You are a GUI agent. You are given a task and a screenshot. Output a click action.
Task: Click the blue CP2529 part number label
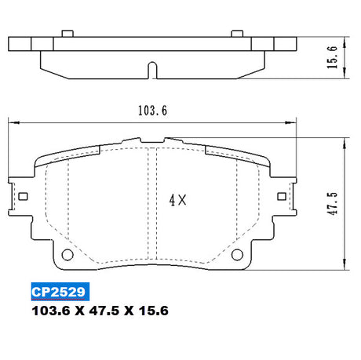click(60, 292)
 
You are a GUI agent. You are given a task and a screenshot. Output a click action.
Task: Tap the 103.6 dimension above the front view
click(152, 111)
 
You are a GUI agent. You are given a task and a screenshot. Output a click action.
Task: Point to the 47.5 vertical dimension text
click(333, 203)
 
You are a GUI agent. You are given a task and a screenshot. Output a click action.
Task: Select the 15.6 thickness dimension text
click(332, 57)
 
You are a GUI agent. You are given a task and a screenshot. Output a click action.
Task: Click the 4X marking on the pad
click(178, 200)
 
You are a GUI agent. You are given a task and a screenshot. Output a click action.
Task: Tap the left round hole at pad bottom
click(67, 254)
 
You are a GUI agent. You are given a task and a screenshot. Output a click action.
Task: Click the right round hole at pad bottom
click(237, 254)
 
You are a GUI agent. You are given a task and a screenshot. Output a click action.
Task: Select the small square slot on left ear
click(24, 196)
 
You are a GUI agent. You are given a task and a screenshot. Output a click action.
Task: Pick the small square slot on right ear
click(282, 196)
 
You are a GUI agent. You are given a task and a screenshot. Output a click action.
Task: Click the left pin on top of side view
click(67, 34)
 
